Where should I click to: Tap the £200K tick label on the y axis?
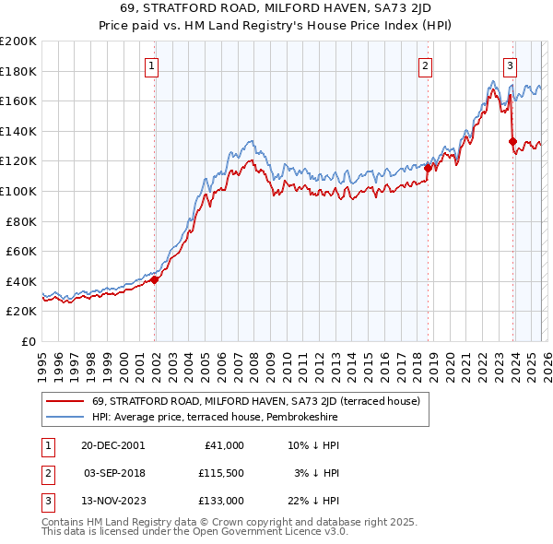click(x=18, y=41)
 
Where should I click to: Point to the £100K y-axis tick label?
click(x=18, y=191)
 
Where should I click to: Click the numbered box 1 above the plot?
click(x=152, y=65)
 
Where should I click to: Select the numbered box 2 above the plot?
click(x=425, y=65)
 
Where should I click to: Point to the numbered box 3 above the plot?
click(x=510, y=65)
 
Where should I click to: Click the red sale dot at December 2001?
click(x=155, y=280)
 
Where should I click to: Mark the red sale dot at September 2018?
click(x=428, y=168)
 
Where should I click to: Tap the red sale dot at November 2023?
click(x=512, y=141)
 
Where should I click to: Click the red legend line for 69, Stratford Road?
click(x=65, y=402)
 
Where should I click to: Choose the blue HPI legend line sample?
click(x=65, y=418)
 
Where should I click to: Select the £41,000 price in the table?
click(x=225, y=444)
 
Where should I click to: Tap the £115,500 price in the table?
click(x=221, y=473)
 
